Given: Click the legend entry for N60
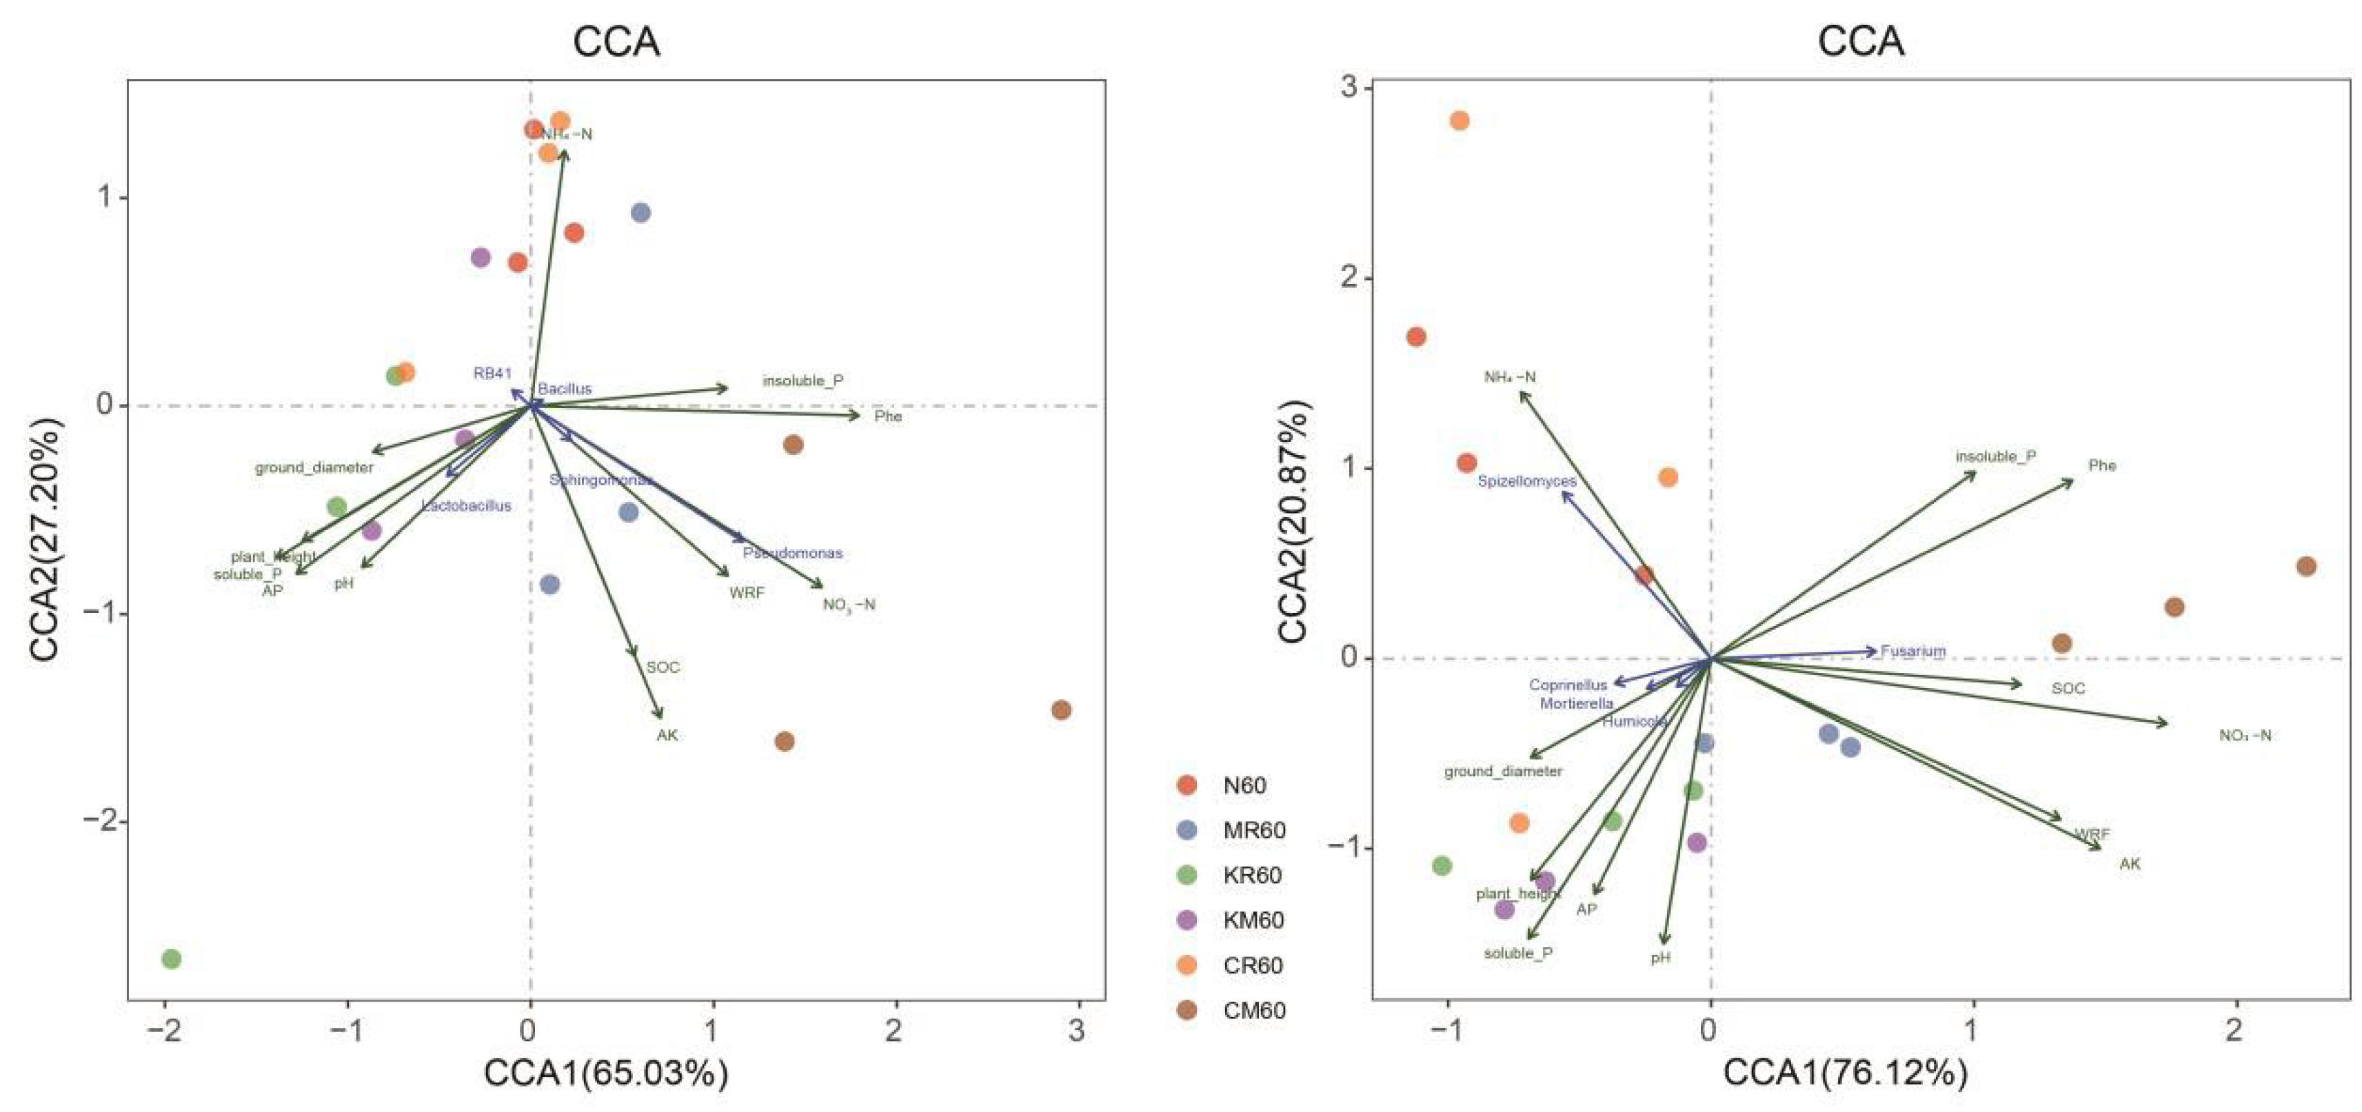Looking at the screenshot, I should click(1243, 786).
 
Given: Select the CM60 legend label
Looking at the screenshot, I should click(1253, 1010).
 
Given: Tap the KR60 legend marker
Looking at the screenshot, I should click(1187, 876).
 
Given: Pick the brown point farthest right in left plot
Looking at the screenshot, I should click(1061, 709).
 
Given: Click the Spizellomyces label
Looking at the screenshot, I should click(1526, 481).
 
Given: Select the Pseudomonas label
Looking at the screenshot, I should click(792, 553).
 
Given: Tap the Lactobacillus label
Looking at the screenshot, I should click(466, 505).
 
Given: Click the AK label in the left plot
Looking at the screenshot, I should click(667, 735).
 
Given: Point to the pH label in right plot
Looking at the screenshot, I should click(1661, 957).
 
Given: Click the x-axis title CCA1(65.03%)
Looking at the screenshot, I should click(606, 1073).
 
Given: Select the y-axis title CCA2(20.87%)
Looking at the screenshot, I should click(1293, 523).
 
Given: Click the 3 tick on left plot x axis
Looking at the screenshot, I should click(1076, 1031).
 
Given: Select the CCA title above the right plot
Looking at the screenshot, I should click(1861, 41).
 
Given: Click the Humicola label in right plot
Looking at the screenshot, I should click(1634, 722).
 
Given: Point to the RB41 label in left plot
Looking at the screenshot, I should click(492, 373).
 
